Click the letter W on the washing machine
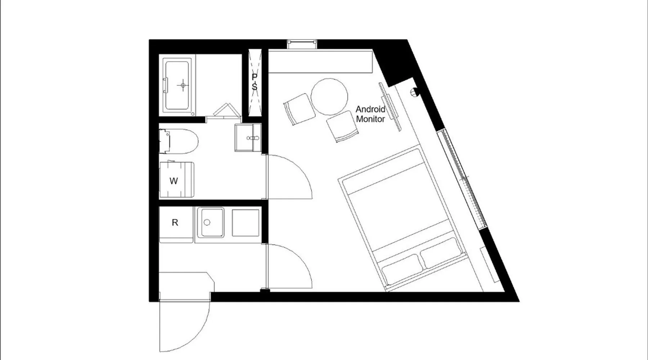pyautogui.click(x=174, y=181)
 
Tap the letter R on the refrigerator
pyautogui.click(x=175, y=222)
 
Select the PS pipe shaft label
pyautogui.click(x=255, y=82)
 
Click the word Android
pyautogui.click(x=370, y=109)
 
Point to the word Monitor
pyautogui.click(x=370, y=119)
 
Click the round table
pyautogui.click(x=329, y=97)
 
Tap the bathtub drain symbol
pyautogui.click(x=183, y=85)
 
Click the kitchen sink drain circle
pyautogui.click(x=207, y=222)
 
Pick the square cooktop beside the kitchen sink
pyautogui.click(x=246, y=223)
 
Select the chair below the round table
pyautogui.click(x=343, y=126)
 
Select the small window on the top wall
pyautogui.click(x=302, y=44)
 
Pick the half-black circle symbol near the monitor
pyautogui.click(x=414, y=93)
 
